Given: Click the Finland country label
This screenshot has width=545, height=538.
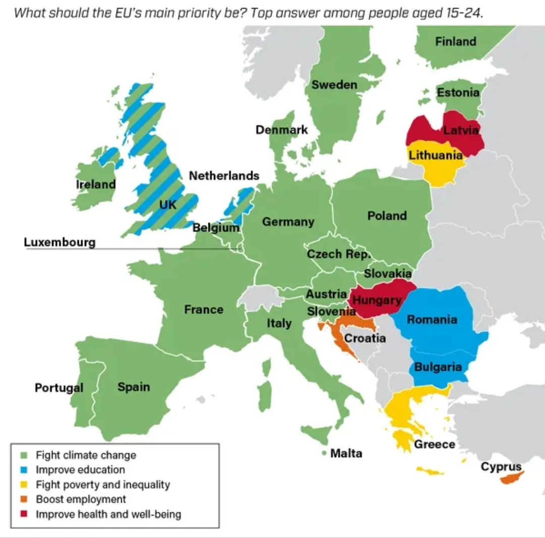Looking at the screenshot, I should point(456,41).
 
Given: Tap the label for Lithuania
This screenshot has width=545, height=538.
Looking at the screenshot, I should point(435,155).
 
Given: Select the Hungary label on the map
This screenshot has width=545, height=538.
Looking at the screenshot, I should point(376,300).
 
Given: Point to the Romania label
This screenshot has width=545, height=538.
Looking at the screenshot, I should point(432,319).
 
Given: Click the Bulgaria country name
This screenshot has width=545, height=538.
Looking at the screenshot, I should point(438,367).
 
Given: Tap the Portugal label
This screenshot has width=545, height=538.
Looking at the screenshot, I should point(59,387).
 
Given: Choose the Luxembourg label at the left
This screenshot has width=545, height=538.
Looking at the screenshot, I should point(60,242).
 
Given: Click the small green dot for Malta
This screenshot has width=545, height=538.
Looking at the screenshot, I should point(324,453).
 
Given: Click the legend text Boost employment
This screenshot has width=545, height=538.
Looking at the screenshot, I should point(81,499).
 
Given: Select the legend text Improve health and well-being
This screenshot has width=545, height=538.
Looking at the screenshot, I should point(108,514).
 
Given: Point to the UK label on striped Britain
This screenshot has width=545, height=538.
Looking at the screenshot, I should point(168,205).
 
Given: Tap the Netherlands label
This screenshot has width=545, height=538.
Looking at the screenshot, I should point(224,176).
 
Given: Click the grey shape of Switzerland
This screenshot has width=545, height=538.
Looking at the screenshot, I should point(260,297).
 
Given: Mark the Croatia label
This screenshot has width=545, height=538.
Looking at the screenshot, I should point(365,338).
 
